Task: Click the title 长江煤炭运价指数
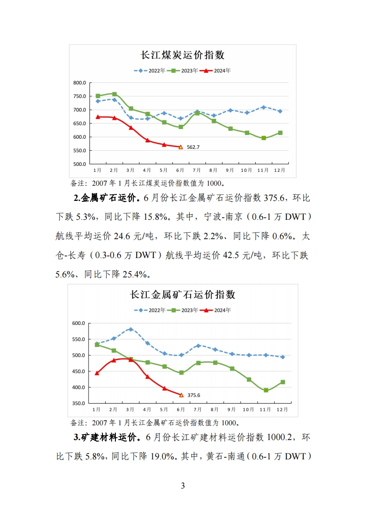[182, 55]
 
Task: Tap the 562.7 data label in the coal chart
[193, 147]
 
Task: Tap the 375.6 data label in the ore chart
[193, 395]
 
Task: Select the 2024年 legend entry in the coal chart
[218, 71]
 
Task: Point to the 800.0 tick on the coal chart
[80, 83]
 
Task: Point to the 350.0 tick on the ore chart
[78, 404]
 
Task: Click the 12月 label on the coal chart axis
[279, 170]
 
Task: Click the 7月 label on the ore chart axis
[198, 409]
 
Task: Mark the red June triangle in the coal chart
[180, 147]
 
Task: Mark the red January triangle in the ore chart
[97, 373]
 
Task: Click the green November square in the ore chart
[266, 390]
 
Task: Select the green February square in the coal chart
[114, 94]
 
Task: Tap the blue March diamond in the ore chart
[131, 329]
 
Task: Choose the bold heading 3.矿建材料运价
[106, 437]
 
